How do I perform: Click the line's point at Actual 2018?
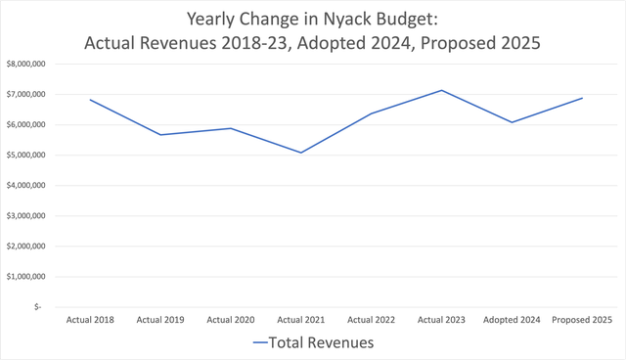coord(90,100)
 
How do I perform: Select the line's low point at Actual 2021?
coord(301,153)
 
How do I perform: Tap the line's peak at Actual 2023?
coord(441,90)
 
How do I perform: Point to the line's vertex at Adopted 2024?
coord(512,122)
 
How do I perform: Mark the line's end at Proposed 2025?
coord(582,98)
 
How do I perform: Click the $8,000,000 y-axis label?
coord(26,64)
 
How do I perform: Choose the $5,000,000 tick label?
coord(26,155)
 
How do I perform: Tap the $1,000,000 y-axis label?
coord(26,276)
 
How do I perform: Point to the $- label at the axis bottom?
coord(37,306)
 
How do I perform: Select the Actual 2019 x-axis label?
coord(160,320)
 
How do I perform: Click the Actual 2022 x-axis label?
coord(372,320)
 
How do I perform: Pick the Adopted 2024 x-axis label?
coord(512,320)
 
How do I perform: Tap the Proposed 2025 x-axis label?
coord(582,320)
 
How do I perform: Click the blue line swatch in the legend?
coord(260,342)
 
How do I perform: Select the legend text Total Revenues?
coord(322,342)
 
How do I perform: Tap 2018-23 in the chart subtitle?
coord(254,43)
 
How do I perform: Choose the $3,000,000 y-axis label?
coord(26,215)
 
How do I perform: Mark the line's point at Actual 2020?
coord(231,128)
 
